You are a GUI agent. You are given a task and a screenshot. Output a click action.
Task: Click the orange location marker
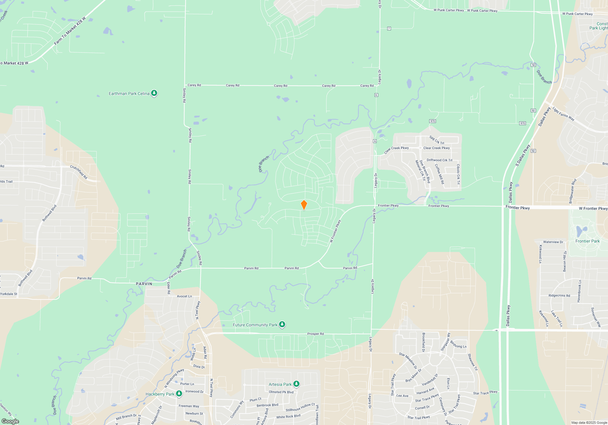point(304,205)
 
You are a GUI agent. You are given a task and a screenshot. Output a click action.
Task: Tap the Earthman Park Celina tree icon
point(154,93)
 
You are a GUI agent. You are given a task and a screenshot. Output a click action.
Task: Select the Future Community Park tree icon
point(282,325)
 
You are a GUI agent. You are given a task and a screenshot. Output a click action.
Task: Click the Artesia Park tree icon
point(296,384)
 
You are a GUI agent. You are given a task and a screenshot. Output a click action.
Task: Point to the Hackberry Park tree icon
point(179,394)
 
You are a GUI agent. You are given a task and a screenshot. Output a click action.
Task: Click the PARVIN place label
point(144,284)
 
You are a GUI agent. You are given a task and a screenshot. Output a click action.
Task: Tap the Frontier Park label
point(587,241)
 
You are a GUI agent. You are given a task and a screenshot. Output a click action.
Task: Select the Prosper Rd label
point(315,334)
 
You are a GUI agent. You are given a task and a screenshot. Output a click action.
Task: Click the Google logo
point(10,421)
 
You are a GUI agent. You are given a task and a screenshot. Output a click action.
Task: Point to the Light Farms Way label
point(563,114)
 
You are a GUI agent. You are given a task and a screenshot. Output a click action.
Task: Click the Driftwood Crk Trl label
point(439,160)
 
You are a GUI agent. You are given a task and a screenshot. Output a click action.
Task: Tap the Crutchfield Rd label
point(79,172)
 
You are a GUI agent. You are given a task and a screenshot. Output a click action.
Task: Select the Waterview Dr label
point(553,242)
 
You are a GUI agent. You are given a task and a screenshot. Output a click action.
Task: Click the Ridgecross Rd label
point(559,295)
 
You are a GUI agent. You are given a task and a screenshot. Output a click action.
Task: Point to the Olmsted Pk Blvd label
point(281,392)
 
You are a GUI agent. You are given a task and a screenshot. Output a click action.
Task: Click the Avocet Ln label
point(184,296)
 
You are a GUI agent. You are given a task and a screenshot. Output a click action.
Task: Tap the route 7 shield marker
point(389,29)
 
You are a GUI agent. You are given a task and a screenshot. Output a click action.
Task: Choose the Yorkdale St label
point(9,294)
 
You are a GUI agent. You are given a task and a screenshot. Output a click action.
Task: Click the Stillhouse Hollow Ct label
point(300,407)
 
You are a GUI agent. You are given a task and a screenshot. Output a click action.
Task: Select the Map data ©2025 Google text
point(589,423)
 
